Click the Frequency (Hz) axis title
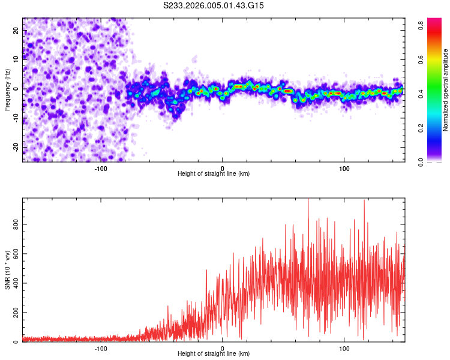click(7, 90)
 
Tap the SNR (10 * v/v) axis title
click(7, 270)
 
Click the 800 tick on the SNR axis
click(16, 224)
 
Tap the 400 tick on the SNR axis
click(16, 283)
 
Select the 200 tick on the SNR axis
click(16, 313)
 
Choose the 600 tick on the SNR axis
click(16, 253)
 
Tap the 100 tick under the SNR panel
click(344, 349)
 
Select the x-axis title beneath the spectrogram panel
click(214, 174)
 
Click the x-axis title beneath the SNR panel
click(214, 354)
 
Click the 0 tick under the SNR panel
click(223, 349)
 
